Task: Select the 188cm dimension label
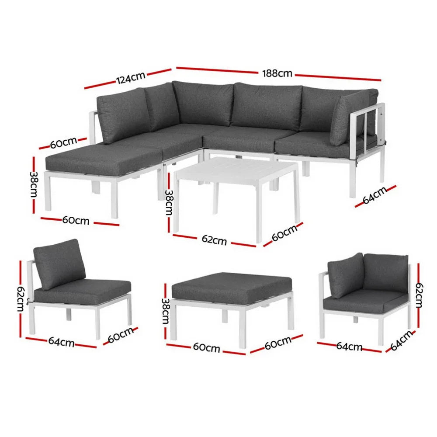coord(277,73)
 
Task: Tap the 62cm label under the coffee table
coord(214,239)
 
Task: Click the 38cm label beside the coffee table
coord(168,203)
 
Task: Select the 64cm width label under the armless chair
coord(61,342)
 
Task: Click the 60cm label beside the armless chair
coord(120,334)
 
